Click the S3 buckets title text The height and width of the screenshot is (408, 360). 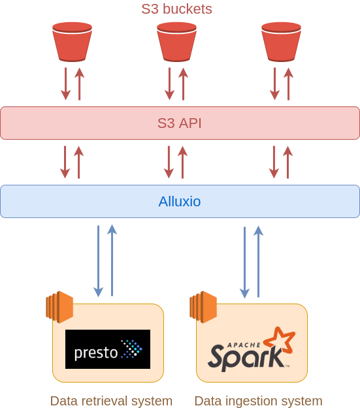tap(176, 9)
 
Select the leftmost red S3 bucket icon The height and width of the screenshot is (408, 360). tap(72, 42)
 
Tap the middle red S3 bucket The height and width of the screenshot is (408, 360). tap(176, 42)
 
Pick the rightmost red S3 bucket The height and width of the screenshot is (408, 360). tap(282, 42)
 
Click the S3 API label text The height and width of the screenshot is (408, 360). tap(180, 123)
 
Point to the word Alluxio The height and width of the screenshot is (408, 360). tap(180, 202)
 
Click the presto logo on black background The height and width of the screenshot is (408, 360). tap(108, 349)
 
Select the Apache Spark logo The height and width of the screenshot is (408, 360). tap(252, 349)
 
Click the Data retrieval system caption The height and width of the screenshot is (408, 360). tap(111, 401)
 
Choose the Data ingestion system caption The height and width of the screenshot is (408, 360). tap(259, 401)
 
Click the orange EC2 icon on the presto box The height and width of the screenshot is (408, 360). tap(59, 307)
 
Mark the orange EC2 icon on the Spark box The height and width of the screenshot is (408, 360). tap(203, 307)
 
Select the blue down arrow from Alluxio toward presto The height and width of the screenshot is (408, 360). tap(98, 261)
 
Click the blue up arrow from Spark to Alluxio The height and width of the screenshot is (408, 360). tap(259, 261)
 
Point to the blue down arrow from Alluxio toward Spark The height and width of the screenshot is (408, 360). tap(244, 262)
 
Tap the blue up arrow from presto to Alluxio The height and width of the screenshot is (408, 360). tap(112, 260)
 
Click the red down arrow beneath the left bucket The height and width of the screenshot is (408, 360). tap(65, 84)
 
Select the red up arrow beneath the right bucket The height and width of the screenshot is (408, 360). tap(288, 84)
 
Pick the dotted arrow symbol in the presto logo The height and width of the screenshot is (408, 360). tap(132, 349)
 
